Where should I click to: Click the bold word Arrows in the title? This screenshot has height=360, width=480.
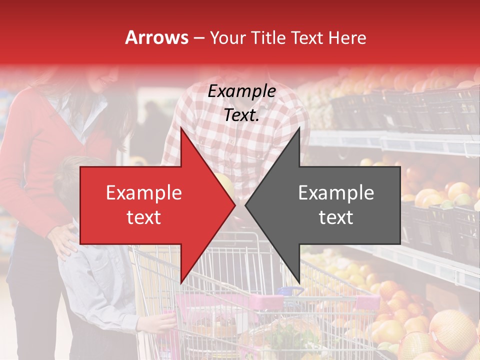157,37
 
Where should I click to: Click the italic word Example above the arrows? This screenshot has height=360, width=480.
241,91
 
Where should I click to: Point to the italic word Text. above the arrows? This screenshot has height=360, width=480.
241,115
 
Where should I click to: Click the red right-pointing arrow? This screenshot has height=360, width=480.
150,205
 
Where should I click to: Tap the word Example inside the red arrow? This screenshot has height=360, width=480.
144,193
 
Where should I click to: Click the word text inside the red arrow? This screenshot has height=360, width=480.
144,217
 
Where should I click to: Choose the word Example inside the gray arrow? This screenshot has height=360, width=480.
336,193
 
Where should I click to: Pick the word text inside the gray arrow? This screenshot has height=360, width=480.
336,217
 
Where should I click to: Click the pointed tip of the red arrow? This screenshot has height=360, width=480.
233,205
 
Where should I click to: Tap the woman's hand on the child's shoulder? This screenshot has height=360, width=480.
62,240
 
